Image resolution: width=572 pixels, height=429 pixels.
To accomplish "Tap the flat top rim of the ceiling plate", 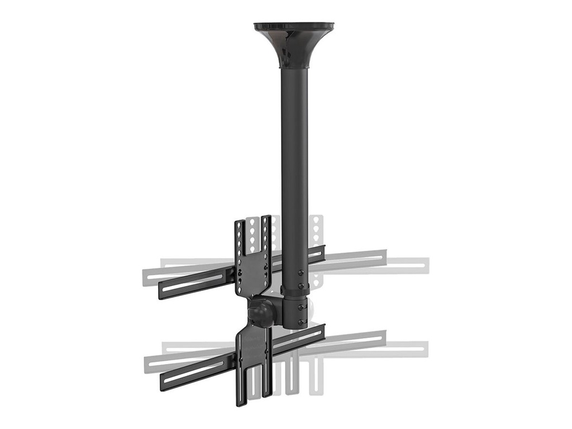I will click(x=294, y=26).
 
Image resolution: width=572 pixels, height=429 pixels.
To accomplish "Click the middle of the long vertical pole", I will click(x=294, y=168).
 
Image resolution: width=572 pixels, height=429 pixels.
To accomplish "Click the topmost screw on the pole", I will click(x=302, y=273).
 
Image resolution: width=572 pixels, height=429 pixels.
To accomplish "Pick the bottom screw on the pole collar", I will click(x=302, y=322).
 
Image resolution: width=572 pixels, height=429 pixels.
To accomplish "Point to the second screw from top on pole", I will click(x=302, y=286).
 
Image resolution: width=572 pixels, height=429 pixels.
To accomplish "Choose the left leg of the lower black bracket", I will click(x=241, y=385).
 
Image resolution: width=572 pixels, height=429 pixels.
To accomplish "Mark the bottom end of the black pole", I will click(x=294, y=326).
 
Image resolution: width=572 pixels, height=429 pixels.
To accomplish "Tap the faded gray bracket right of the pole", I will click(x=317, y=235).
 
